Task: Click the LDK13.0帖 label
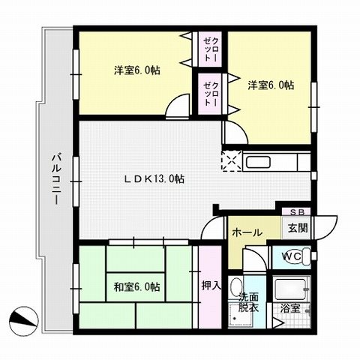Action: [x=154, y=178]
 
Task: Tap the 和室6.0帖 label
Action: [x=136, y=286]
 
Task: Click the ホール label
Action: [x=247, y=232]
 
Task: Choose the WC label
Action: [x=292, y=256]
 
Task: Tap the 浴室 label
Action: [x=292, y=307]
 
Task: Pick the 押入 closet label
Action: [x=211, y=286]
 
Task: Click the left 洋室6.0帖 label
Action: [x=137, y=70]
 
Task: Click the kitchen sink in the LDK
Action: [x=262, y=162]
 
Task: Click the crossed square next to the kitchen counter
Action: [x=230, y=159]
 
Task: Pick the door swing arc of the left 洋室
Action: [x=178, y=106]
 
